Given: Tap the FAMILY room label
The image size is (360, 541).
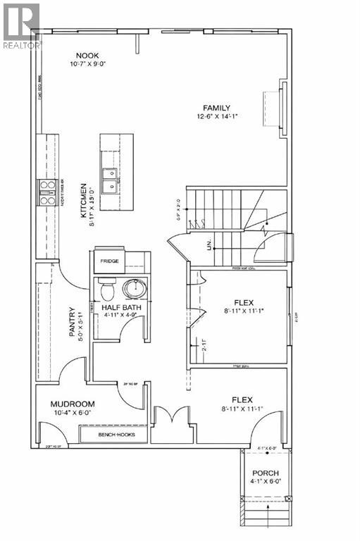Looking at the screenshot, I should (217, 107).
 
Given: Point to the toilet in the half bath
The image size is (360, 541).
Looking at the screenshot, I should (106, 290).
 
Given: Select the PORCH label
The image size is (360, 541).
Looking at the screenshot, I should (265, 473).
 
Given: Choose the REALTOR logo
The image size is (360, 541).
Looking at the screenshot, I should (21, 25).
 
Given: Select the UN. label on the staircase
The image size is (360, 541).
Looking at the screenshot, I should (209, 244).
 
